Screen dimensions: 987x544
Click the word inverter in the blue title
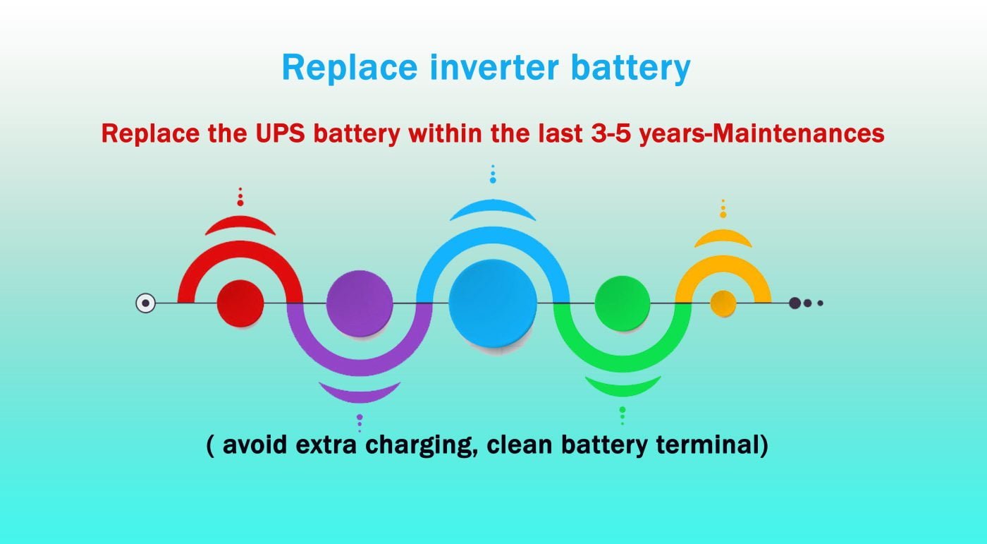pos(494,68)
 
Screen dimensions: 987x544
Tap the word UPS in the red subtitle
pos(281,133)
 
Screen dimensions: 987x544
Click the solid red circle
pos(240,303)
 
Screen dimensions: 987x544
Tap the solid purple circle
pos(360,303)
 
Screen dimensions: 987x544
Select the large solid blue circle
pos(493,303)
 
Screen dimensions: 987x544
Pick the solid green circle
pos(622,303)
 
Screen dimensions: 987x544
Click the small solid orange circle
pos(723,303)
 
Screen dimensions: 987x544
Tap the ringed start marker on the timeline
pos(145,303)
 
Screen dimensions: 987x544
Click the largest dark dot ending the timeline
pos(795,303)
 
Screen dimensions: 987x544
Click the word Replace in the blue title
pos(350,68)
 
